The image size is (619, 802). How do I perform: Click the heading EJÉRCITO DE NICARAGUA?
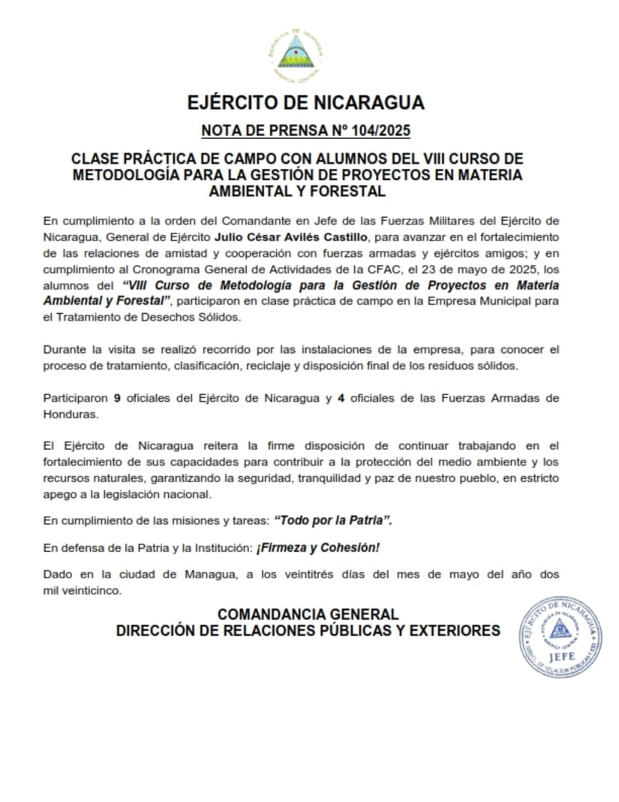[305, 103]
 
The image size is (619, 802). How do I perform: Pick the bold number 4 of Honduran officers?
[341, 398]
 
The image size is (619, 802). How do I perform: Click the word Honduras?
[70, 415]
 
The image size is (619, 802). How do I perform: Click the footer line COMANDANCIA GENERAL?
[308, 614]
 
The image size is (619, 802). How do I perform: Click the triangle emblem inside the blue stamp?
[560, 629]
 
